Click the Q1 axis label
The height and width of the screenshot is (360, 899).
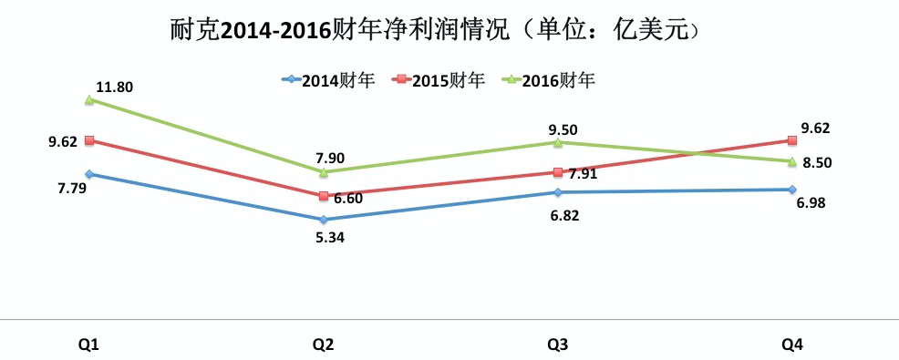point(88,345)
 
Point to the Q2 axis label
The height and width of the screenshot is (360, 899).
point(323,345)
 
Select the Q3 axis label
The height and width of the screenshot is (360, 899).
point(558,345)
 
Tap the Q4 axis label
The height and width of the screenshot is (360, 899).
point(792,345)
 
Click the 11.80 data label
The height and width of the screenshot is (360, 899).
point(114,87)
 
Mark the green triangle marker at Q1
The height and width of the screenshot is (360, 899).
point(89,100)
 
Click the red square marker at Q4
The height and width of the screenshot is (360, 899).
point(792,139)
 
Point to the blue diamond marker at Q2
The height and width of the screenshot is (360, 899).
point(324,220)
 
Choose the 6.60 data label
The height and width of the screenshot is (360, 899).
point(346,197)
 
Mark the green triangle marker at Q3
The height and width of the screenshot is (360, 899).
point(558,142)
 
